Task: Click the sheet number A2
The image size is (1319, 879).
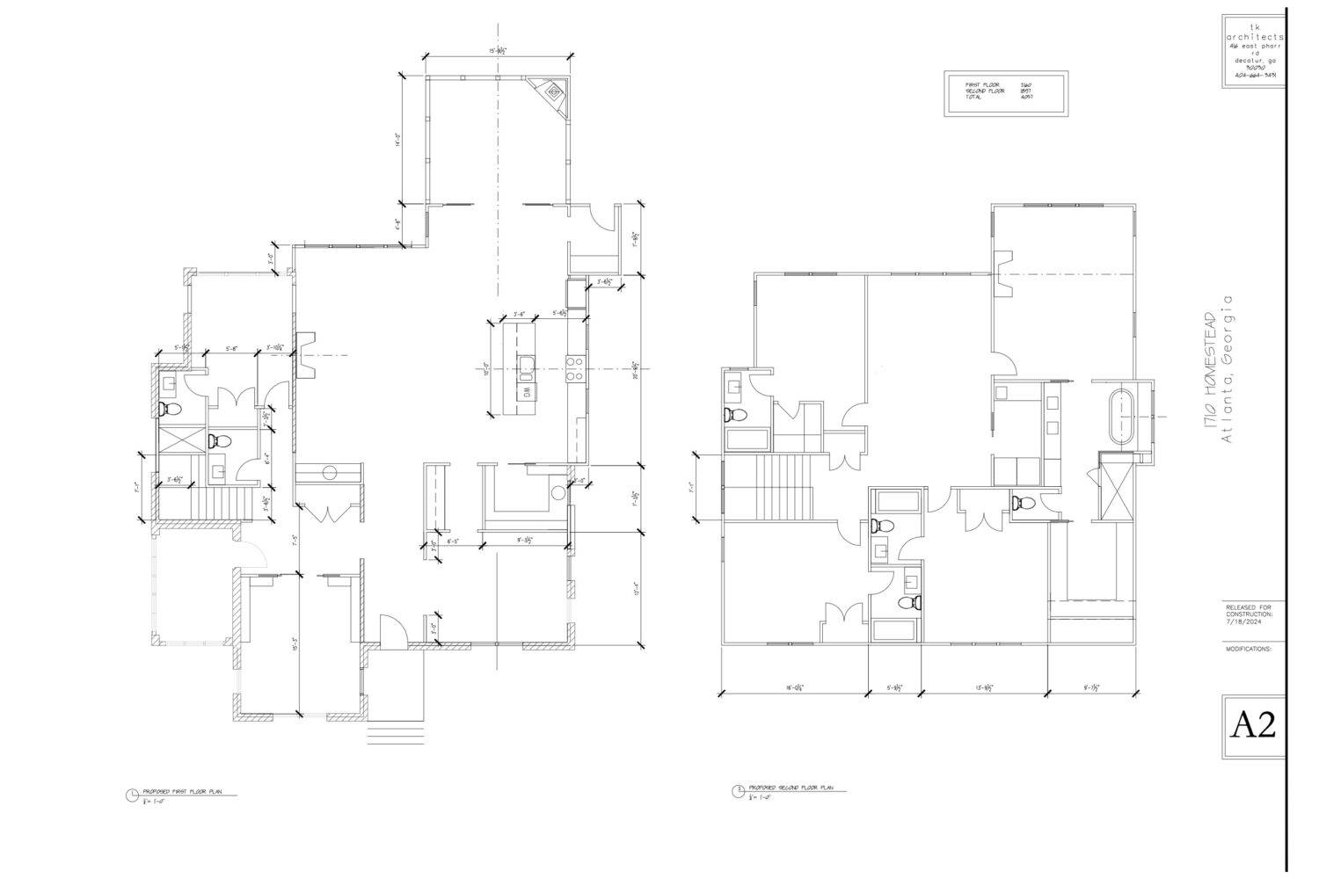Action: (1253, 725)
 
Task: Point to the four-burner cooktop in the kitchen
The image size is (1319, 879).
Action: (574, 368)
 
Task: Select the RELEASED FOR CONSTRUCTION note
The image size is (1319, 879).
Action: (1249, 613)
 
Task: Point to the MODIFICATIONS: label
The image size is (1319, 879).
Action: (1249, 649)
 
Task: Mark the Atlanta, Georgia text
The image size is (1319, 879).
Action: (1228, 369)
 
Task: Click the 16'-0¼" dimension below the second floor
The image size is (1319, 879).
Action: (793, 688)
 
